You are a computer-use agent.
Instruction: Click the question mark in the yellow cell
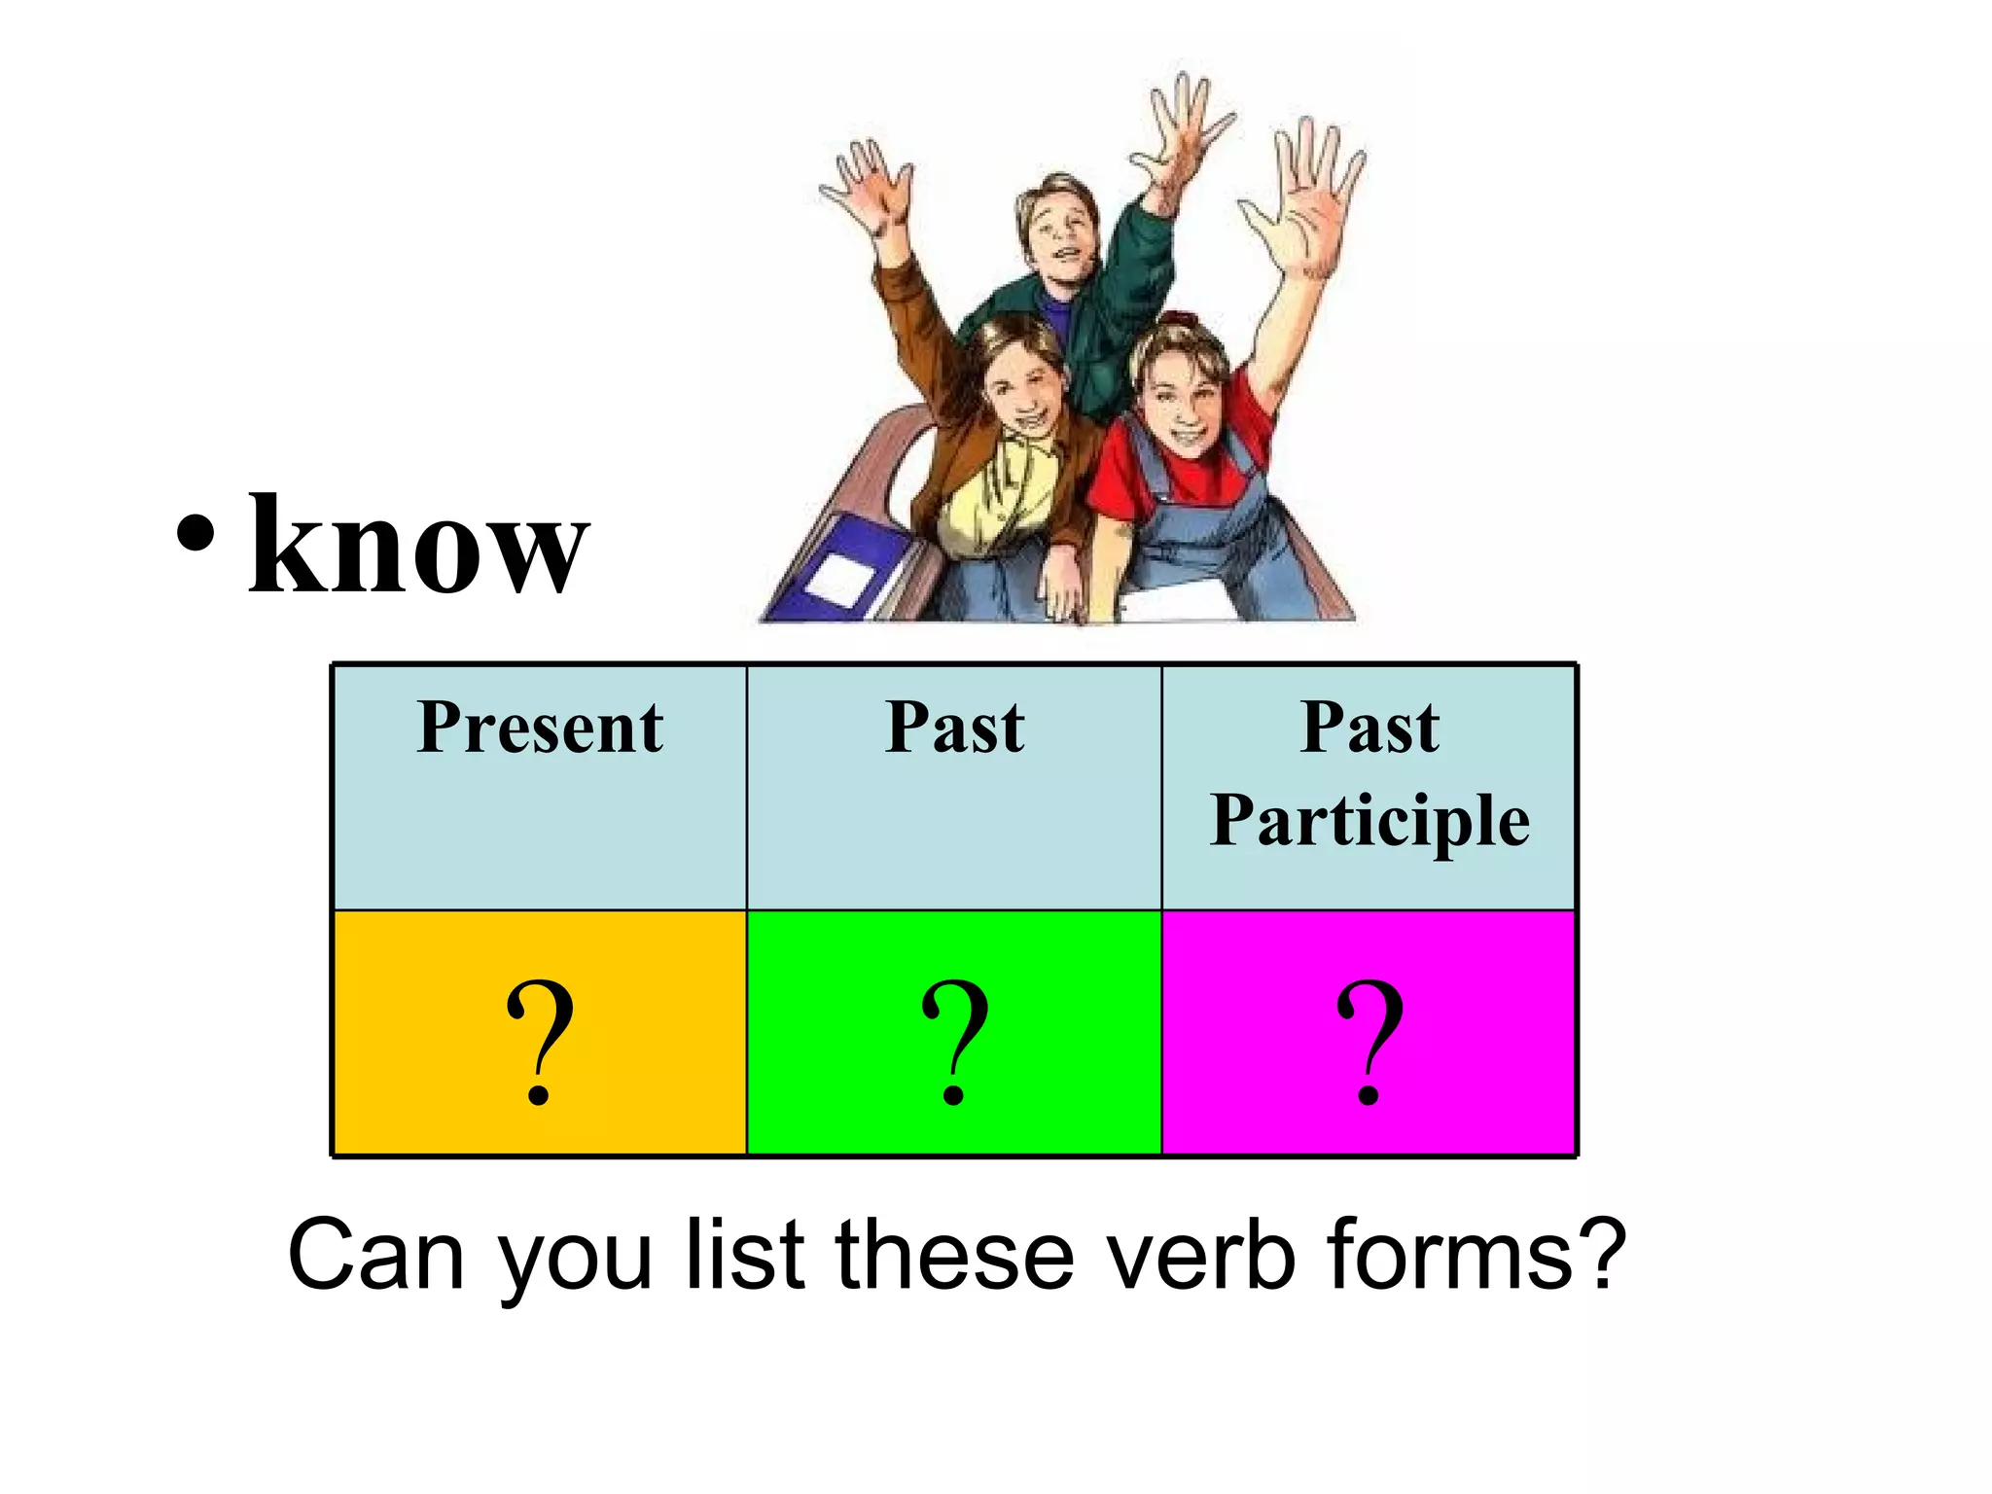[540, 1041]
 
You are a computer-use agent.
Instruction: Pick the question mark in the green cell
[955, 1041]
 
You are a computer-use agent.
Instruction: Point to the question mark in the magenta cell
[1369, 1041]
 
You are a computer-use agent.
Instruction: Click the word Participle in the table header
[1369, 822]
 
